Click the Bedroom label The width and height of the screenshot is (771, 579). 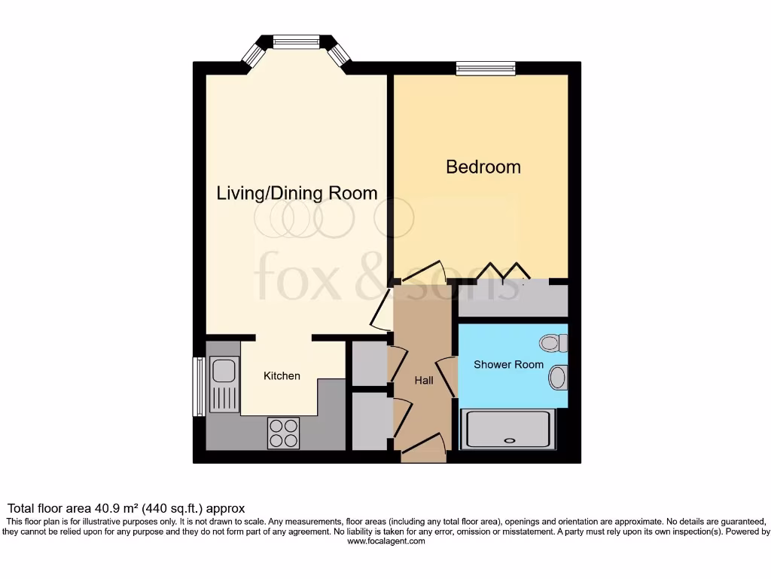tap(483, 167)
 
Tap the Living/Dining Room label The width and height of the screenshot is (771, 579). tap(297, 193)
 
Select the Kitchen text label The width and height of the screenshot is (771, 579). tap(282, 375)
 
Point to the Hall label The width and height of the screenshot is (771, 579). tap(424, 381)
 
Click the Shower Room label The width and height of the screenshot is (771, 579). tap(508, 365)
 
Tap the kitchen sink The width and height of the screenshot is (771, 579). tap(223, 371)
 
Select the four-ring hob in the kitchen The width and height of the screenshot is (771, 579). tap(283, 433)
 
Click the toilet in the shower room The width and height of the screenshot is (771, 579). tap(555, 343)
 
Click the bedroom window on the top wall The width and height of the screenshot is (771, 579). tap(486, 69)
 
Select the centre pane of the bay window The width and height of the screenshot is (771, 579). tap(296, 42)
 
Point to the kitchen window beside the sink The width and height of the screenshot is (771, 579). tap(199, 386)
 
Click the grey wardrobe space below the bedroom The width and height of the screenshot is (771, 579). tap(513, 300)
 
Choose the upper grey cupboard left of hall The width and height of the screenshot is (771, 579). tap(369, 363)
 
